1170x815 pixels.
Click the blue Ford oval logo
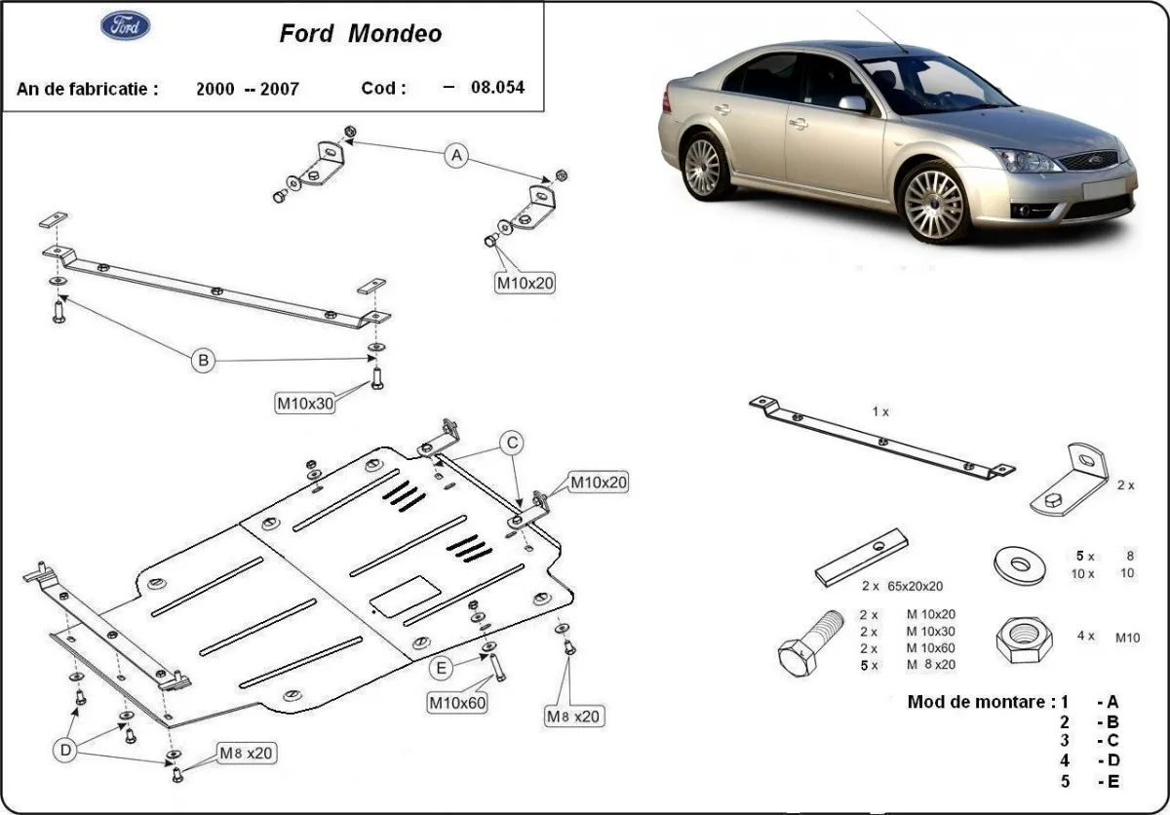point(126,26)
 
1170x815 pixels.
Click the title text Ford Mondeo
point(361,34)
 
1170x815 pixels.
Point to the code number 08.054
point(497,88)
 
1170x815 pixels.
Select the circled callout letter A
point(456,155)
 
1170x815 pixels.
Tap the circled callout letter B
point(203,361)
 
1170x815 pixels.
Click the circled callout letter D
point(65,750)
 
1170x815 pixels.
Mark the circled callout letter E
point(442,668)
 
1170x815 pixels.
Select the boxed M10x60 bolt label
point(457,701)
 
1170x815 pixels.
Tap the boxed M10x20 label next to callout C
point(599,482)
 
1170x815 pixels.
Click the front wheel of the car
point(933,203)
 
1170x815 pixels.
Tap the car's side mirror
point(852,103)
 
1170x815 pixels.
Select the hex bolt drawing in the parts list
point(810,644)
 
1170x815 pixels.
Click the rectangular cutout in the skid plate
point(406,596)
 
